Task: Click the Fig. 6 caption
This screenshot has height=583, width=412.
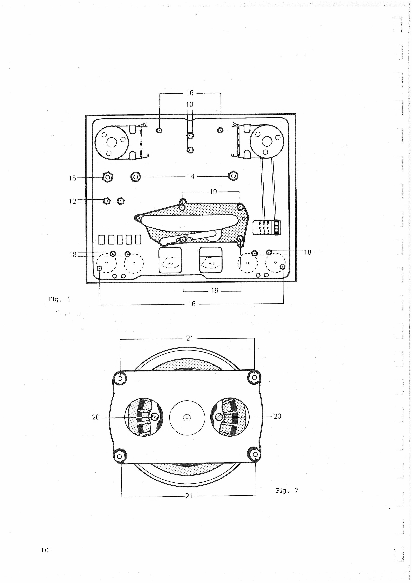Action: (59, 299)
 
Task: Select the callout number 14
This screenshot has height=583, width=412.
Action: (191, 176)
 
